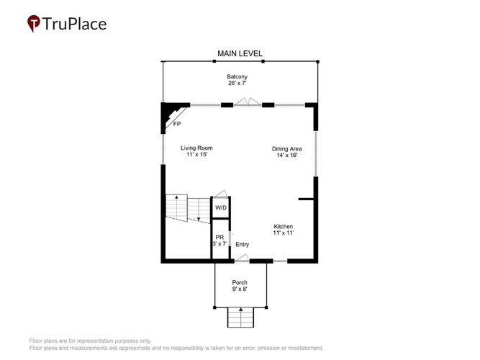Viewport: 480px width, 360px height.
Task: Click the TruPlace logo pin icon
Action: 34,23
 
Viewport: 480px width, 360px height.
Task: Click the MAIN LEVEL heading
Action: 240,53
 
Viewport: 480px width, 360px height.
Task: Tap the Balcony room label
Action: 237,76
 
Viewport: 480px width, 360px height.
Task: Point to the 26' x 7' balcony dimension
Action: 237,83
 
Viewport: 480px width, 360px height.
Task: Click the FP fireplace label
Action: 177,124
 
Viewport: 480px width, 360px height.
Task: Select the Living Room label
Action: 196,148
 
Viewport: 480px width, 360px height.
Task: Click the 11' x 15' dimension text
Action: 197,154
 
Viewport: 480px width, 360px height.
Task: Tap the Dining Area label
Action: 287,149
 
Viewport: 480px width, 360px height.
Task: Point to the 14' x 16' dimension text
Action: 287,156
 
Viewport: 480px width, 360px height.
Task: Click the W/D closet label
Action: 221,208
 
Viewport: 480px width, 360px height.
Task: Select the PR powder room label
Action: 219,237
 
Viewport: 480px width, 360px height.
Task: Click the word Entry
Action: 242,245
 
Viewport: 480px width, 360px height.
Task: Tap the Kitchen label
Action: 283,226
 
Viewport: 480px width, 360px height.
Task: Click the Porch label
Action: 240,282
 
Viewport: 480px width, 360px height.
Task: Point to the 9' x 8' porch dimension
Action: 240,289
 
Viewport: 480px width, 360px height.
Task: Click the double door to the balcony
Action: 248,102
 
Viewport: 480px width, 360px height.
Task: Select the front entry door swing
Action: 242,258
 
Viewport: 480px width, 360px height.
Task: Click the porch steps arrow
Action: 241,318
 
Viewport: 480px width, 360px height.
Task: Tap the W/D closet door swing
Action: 219,194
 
